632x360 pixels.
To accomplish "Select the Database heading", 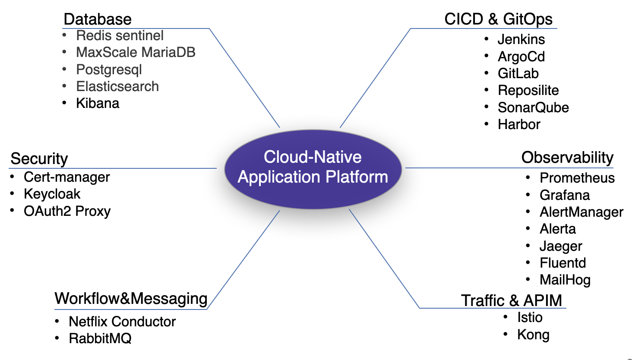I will [x=98, y=19].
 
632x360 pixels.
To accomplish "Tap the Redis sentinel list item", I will [x=120, y=35].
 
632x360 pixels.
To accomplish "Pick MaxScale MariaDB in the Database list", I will [x=136, y=52].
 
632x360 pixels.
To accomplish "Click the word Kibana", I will [x=98, y=103].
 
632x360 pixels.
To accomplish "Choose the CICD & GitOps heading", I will [x=498, y=19].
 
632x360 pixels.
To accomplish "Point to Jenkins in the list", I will [x=521, y=39].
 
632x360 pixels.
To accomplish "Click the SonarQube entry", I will [x=533, y=107].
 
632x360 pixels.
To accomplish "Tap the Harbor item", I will [x=519, y=124].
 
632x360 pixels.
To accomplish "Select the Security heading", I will [x=39, y=159].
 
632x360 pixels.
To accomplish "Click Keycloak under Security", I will [x=52, y=194].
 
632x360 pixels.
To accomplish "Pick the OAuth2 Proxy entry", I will [x=67, y=211].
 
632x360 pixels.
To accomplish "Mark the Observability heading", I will [x=567, y=158].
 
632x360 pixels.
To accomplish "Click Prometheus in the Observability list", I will [x=577, y=178].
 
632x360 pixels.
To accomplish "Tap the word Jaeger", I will [x=561, y=246].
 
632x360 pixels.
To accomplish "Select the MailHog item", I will [x=565, y=280].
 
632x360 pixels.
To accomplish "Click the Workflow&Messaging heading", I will [x=131, y=299].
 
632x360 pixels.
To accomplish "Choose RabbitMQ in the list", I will [x=100, y=338].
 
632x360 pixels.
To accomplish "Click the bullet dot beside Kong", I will [x=506, y=334].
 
